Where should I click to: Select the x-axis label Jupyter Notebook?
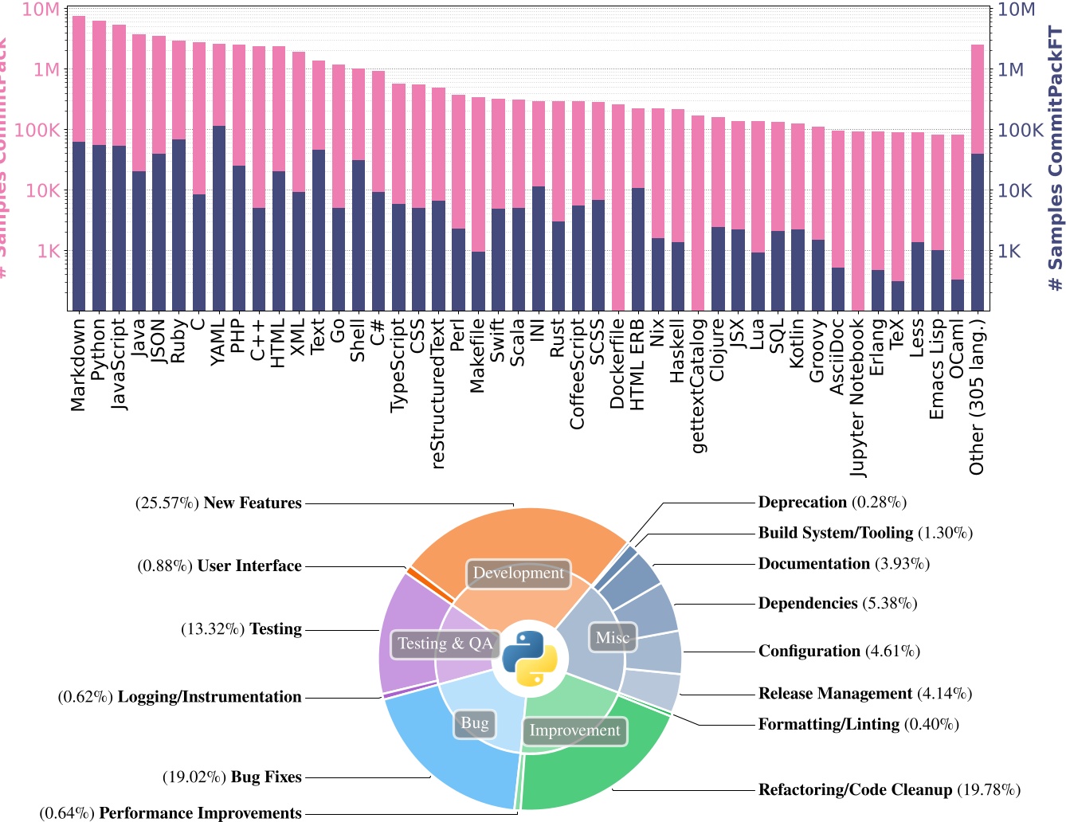tap(858, 397)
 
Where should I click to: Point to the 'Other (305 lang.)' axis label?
tap(978, 396)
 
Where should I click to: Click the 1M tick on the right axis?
tap(1011, 70)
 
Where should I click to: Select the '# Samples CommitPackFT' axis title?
tap(1055, 159)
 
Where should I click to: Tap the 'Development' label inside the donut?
tap(518, 573)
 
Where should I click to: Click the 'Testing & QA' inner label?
tap(445, 644)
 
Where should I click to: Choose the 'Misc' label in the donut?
tap(612, 637)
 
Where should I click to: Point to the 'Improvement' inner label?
tap(574, 730)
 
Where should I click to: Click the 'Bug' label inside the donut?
tap(475, 723)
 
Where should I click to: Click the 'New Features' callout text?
tap(253, 503)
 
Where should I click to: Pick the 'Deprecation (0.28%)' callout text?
tap(832, 503)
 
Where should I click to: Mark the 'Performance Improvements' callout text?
tap(200, 813)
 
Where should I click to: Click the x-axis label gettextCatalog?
tap(698, 385)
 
